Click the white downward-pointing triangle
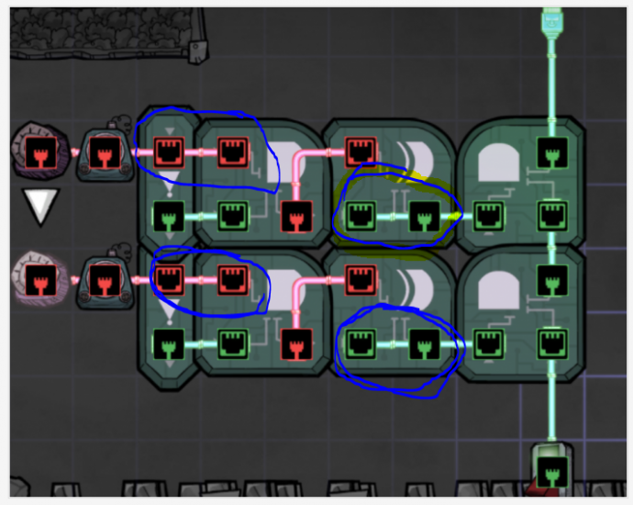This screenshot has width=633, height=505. [40, 207]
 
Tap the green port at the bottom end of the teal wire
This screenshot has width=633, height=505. [551, 474]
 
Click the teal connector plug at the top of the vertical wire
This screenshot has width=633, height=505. [551, 19]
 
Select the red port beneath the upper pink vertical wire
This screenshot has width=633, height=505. [295, 218]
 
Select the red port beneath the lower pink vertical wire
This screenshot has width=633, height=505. [295, 342]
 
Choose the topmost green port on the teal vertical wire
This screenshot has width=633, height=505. [551, 151]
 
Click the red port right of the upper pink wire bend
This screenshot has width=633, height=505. [361, 151]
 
